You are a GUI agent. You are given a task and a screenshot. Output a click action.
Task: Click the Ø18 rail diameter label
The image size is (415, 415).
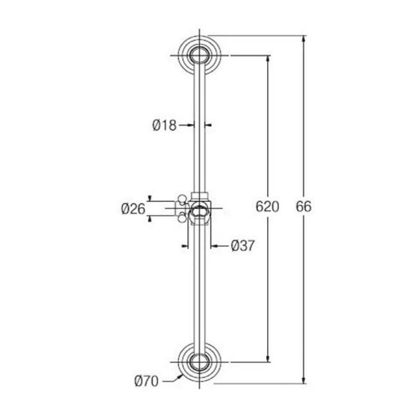coord(164,125)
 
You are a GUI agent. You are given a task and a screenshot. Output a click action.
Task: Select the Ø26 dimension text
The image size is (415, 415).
coord(133,209)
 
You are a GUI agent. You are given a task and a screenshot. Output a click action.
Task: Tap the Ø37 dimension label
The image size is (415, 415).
coord(242,245)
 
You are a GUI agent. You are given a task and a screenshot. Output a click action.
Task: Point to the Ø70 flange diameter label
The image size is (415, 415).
coord(146,382)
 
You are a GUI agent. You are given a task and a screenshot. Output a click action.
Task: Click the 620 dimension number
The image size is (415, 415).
coord(268,206)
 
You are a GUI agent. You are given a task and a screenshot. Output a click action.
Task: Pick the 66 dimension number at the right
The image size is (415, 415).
coord(303,206)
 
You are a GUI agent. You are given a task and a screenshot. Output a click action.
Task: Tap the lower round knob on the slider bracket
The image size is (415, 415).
coord(182,218)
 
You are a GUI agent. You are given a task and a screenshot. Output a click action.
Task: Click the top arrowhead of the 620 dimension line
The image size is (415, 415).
coord(268,59)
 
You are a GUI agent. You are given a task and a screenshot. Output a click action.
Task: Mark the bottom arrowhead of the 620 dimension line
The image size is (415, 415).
coord(268,358)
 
